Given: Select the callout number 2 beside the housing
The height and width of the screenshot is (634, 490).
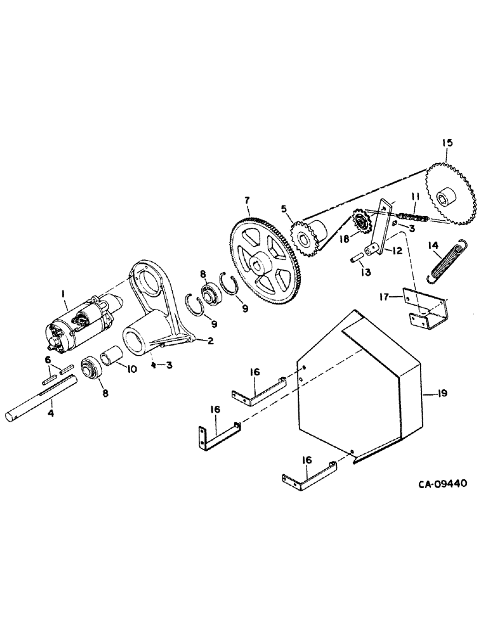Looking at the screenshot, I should point(209,340).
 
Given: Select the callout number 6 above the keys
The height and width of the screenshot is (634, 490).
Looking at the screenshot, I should point(47,359).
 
